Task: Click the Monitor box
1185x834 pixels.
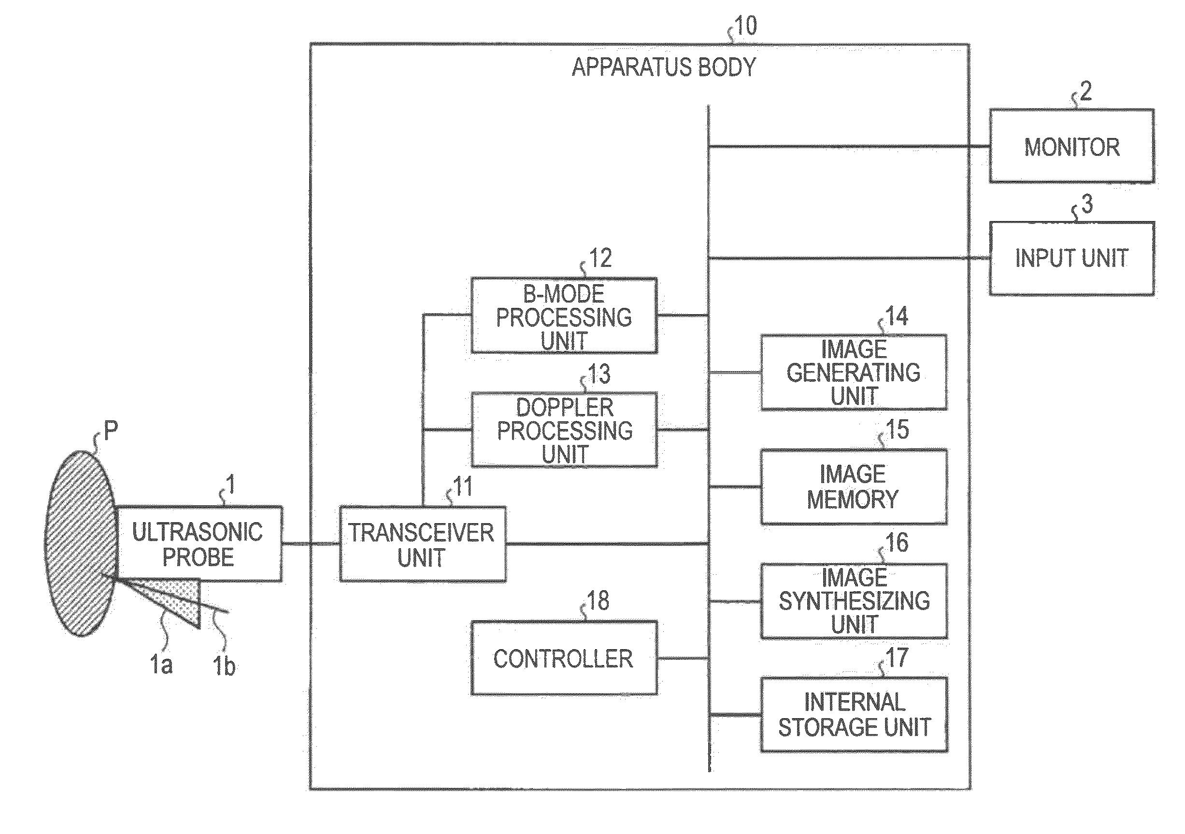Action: coord(1071,146)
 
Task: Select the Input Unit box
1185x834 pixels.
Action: coord(1071,258)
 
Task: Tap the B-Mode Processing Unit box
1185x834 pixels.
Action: coord(564,316)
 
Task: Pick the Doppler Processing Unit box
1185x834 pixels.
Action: coord(564,430)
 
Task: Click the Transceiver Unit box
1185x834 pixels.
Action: coord(422,544)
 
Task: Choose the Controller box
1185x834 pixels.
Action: coord(564,658)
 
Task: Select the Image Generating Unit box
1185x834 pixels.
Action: coord(854,372)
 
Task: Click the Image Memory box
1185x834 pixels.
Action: coord(854,486)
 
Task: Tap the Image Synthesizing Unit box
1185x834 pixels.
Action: coord(854,601)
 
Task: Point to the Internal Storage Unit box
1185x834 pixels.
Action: coord(854,714)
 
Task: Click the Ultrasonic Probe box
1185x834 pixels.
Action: coord(199,543)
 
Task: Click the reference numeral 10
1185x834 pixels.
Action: coord(745,26)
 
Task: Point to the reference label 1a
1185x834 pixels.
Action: coord(161,664)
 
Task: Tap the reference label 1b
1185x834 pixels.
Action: coord(225,666)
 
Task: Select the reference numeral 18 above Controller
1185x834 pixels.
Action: coord(598,601)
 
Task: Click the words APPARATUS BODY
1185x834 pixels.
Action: coord(664,67)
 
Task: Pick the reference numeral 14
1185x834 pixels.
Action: coord(897,316)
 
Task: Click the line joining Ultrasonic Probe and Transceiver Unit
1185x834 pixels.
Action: coord(310,543)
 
